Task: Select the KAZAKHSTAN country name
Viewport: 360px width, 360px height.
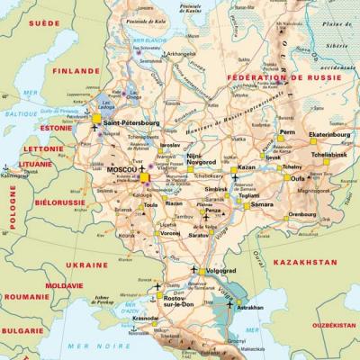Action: pyautogui.click(x=306, y=262)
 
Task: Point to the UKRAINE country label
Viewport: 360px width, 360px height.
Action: pyautogui.click(x=86, y=265)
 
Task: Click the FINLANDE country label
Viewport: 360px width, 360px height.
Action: pyautogui.click(x=76, y=70)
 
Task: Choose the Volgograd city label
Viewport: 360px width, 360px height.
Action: pyautogui.click(x=221, y=270)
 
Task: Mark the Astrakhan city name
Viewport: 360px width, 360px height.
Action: pyautogui.click(x=250, y=307)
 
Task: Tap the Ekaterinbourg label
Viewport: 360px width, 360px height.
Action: pyautogui.click(x=328, y=134)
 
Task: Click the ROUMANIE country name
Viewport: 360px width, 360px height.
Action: pyautogui.click(x=26, y=296)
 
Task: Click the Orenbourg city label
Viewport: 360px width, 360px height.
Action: pyautogui.click(x=301, y=214)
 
